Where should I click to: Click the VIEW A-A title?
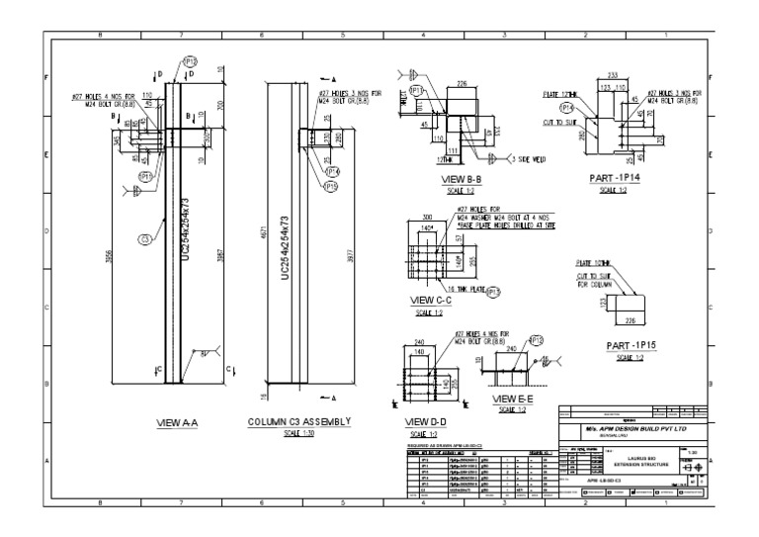pos(179,423)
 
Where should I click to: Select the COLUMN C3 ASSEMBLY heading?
pos(296,422)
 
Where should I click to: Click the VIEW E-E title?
pos(514,398)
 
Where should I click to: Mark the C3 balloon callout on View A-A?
pos(144,239)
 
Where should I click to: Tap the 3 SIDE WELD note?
pos(530,158)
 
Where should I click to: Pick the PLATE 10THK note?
pos(594,263)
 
